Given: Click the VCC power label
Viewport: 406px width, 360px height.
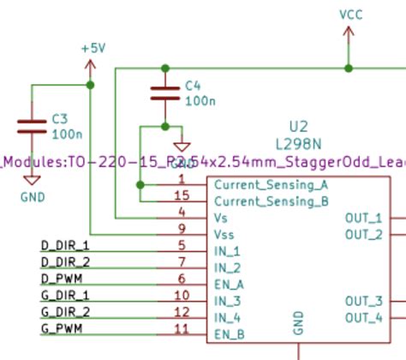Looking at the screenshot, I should [x=351, y=15].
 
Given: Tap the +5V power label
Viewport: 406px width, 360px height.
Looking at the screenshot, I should [x=93, y=49].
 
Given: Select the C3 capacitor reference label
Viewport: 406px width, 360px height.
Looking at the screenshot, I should [x=61, y=118].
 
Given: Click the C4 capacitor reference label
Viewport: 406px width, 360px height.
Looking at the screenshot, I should [x=194, y=86].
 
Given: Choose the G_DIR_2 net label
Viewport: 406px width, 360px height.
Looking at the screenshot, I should [x=65, y=311].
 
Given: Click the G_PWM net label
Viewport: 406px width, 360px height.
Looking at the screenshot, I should [x=62, y=328].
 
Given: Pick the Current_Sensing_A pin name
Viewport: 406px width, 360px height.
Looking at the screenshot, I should [x=271, y=185].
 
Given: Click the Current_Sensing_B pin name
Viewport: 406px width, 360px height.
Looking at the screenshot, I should [x=271, y=202].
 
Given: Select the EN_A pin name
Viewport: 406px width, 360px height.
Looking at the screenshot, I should [x=229, y=285].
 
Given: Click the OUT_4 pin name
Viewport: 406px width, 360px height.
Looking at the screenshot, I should [x=363, y=318].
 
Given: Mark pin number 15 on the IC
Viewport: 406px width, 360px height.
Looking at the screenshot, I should [x=179, y=196].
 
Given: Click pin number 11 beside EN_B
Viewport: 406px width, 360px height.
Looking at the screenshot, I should [x=180, y=328].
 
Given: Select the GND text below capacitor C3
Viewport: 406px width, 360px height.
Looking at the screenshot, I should [x=32, y=195].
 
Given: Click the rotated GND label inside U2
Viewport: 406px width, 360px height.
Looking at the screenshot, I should [x=299, y=322].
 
